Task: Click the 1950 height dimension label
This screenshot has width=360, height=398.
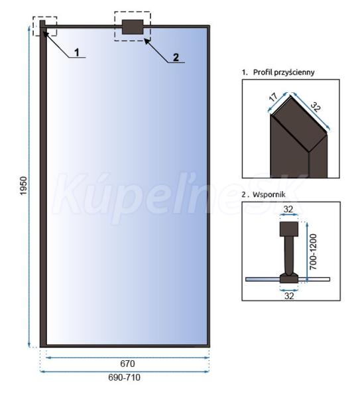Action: click(x=23, y=186)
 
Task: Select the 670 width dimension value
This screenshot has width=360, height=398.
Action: click(x=127, y=364)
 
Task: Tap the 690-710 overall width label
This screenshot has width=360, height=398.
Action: click(x=125, y=377)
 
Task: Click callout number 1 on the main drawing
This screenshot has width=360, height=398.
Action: click(x=77, y=52)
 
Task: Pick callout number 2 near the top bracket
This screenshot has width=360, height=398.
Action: click(x=176, y=57)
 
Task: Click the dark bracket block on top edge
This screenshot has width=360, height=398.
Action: click(x=133, y=27)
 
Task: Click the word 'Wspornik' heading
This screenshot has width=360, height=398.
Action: click(x=269, y=194)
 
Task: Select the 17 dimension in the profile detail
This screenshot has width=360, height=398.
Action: click(x=273, y=98)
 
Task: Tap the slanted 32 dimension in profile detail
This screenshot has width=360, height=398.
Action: click(x=316, y=107)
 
